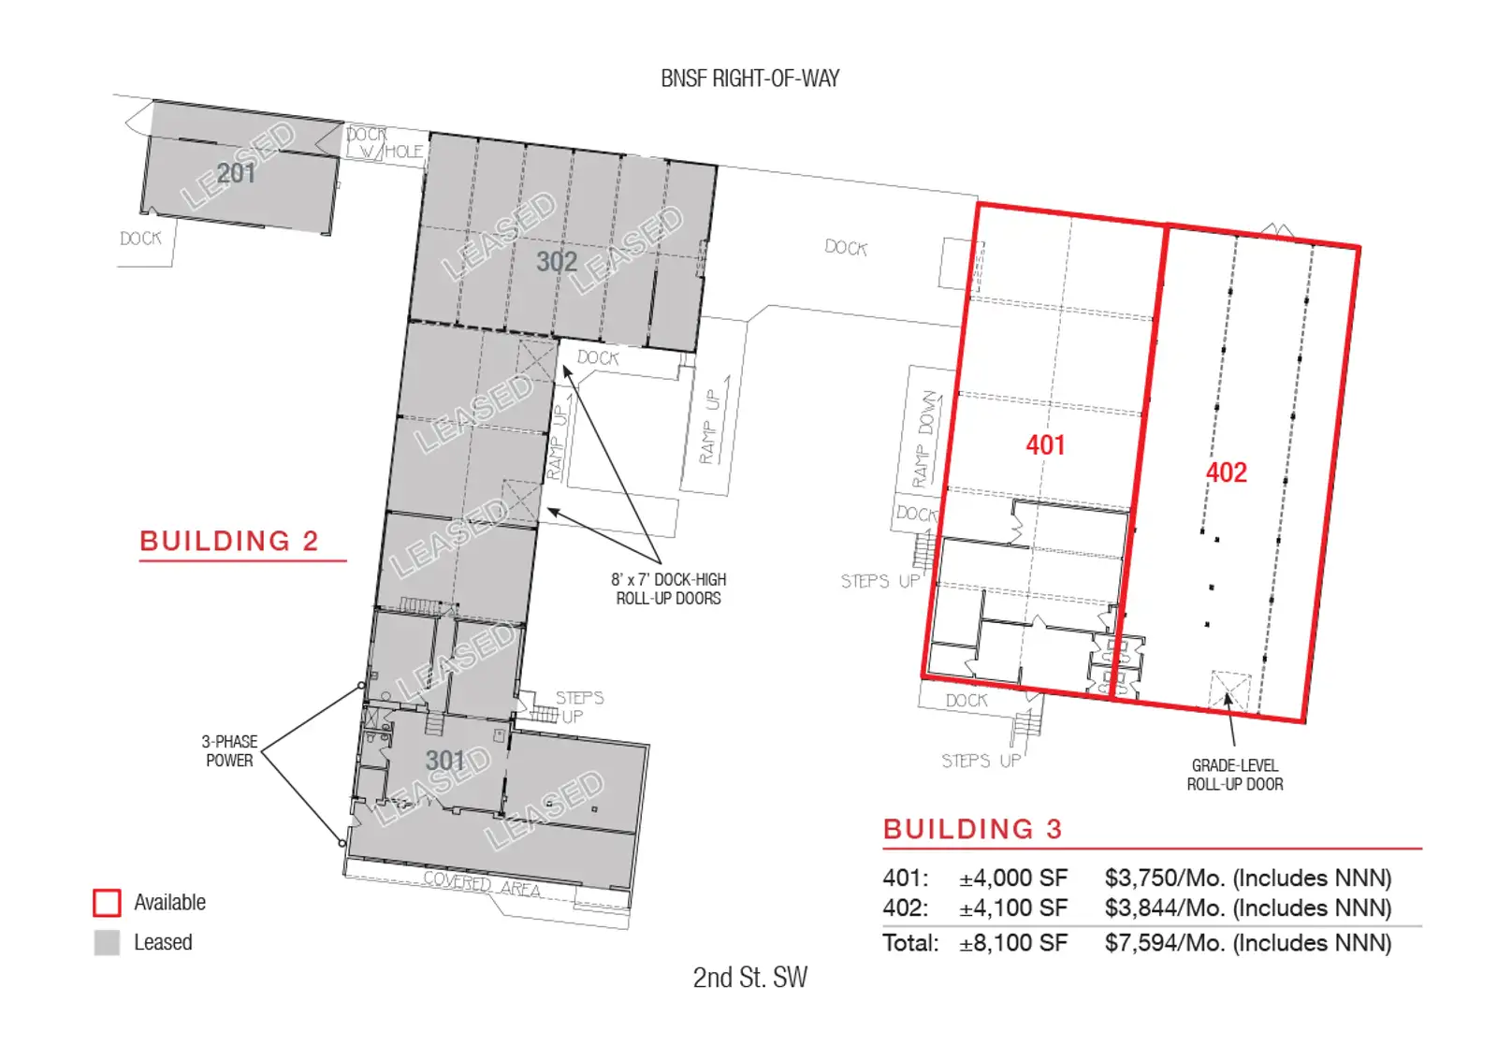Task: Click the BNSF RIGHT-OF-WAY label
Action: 749,79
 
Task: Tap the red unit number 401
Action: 1045,445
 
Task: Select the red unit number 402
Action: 1227,472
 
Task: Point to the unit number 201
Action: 236,174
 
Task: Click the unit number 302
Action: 557,261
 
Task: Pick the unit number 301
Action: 445,760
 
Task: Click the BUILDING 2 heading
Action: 229,541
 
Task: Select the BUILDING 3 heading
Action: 972,829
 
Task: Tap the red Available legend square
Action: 107,902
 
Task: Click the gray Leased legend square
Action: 107,942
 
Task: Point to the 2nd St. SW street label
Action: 749,977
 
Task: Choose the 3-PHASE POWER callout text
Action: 229,751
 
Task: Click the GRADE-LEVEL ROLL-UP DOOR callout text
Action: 1235,775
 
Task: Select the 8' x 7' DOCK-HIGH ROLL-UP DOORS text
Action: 668,588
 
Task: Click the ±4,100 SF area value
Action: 1013,908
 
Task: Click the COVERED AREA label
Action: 482,884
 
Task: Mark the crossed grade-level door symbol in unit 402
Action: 1229,691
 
